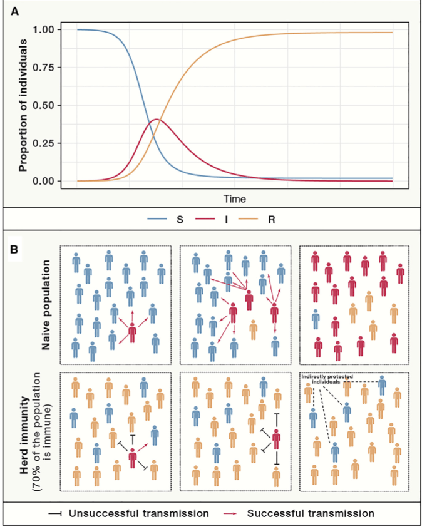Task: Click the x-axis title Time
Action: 235,198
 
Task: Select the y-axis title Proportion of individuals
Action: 24,105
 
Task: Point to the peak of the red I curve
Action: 157,119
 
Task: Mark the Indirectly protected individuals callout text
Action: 329,378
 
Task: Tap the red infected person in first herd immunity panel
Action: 133,459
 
